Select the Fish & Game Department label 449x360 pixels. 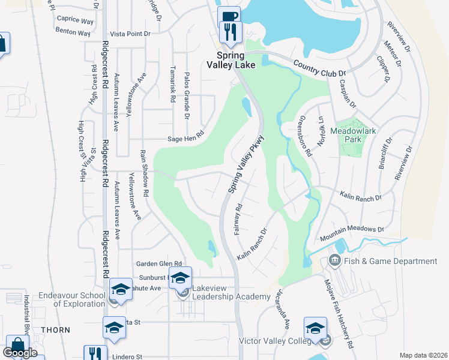(x=390, y=261)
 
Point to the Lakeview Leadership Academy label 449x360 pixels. (x=231, y=297)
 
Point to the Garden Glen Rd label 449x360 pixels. (x=158, y=263)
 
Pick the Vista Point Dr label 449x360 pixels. (x=130, y=34)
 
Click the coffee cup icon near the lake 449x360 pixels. (x=228, y=16)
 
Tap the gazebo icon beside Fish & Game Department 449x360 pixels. (x=334, y=261)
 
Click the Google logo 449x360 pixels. (x=21, y=353)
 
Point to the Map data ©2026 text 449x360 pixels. (x=423, y=355)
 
